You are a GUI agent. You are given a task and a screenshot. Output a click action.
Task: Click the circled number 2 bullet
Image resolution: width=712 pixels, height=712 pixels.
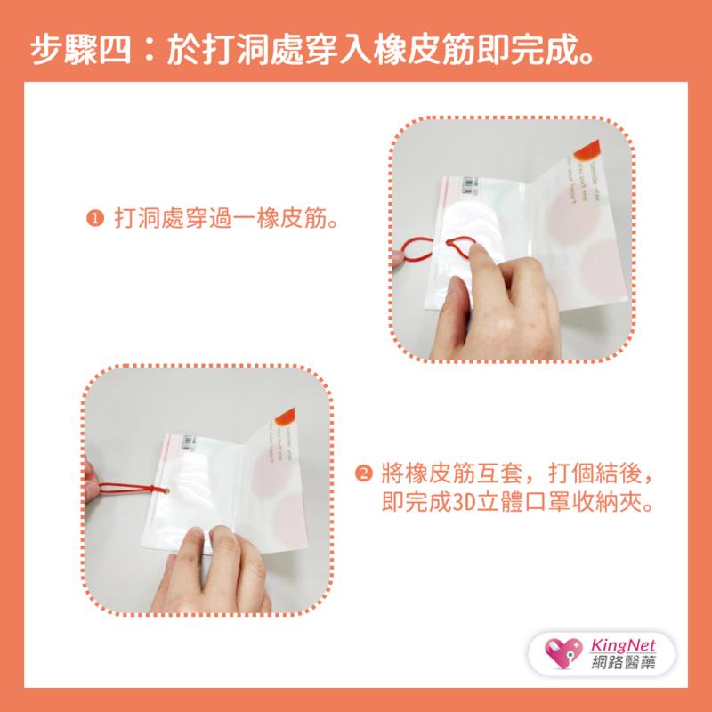click(x=363, y=473)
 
